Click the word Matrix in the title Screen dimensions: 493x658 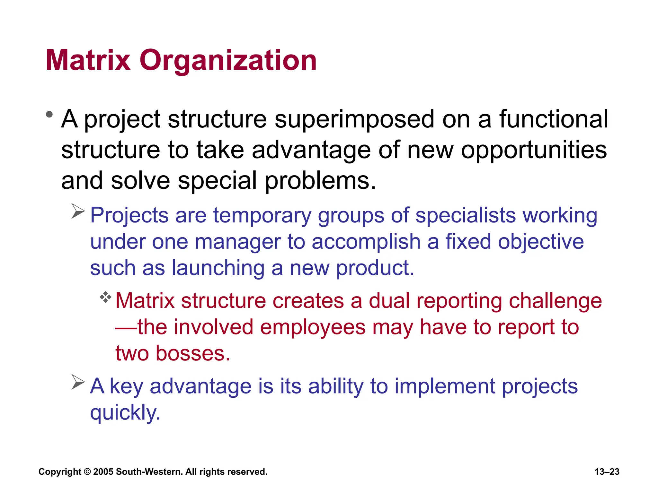pos(88,60)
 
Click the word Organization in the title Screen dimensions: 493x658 pos(228,61)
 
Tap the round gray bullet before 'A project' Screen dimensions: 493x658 pos(49,114)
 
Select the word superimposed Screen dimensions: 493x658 pos(354,120)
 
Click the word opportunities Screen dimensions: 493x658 pos(534,150)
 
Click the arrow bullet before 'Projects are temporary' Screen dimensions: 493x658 pos(78,211)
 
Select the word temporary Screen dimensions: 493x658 pos(262,216)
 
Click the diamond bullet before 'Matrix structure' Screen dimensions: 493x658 pos(105,297)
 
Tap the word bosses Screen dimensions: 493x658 pos(193,354)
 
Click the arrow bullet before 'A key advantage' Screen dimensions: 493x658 pos(78,382)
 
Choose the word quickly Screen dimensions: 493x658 pos(125,413)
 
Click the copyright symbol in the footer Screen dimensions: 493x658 pos(87,472)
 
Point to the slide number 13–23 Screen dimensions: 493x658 pos(607,472)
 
